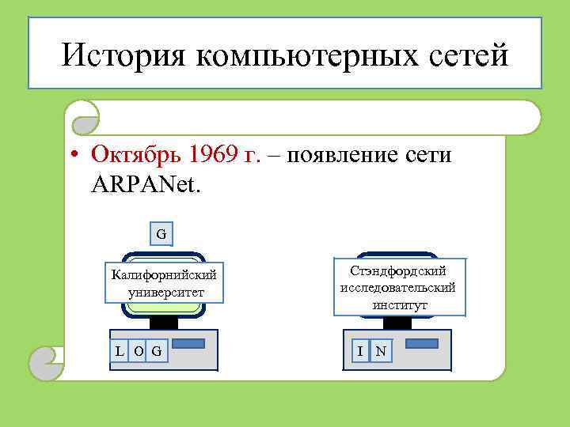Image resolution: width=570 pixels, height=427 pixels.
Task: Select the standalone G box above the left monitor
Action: pos(161,234)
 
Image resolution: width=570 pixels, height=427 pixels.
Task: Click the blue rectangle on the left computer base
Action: pos(188,344)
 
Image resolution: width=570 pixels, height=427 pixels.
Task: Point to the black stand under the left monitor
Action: pos(164,322)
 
